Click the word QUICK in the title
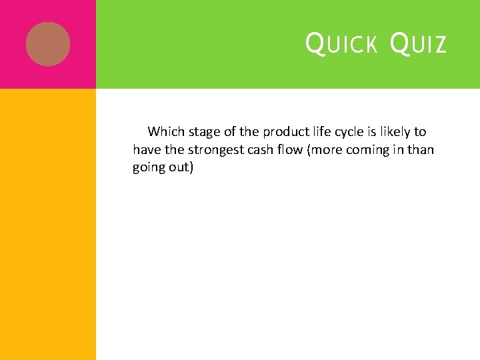coord(341,45)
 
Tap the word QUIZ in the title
coord(417,45)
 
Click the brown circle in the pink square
coord(48,44)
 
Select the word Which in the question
coord(165,131)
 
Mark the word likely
coord(397,131)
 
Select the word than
coord(421,149)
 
